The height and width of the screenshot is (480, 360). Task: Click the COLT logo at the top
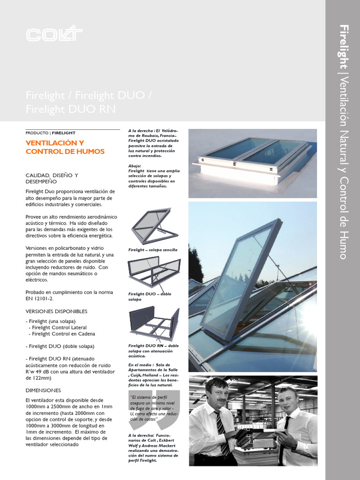(x=54, y=35)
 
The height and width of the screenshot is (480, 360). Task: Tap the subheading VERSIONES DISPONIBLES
(x=56, y=311)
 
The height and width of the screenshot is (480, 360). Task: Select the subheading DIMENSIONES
(x=43, y=390)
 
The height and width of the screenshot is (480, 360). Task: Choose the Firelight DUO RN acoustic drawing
(x=154, y=323)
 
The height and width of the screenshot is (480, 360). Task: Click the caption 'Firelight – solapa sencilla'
(x=153, y=250)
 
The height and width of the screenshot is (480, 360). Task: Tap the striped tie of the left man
(x=222, y=431)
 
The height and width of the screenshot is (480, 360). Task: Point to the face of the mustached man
(x=218, y=394)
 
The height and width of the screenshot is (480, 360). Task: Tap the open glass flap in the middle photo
(x=239, y=281)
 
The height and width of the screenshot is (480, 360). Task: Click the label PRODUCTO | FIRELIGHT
(x=51, y=133)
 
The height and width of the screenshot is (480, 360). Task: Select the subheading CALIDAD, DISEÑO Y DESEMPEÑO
(x=52, y=178)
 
